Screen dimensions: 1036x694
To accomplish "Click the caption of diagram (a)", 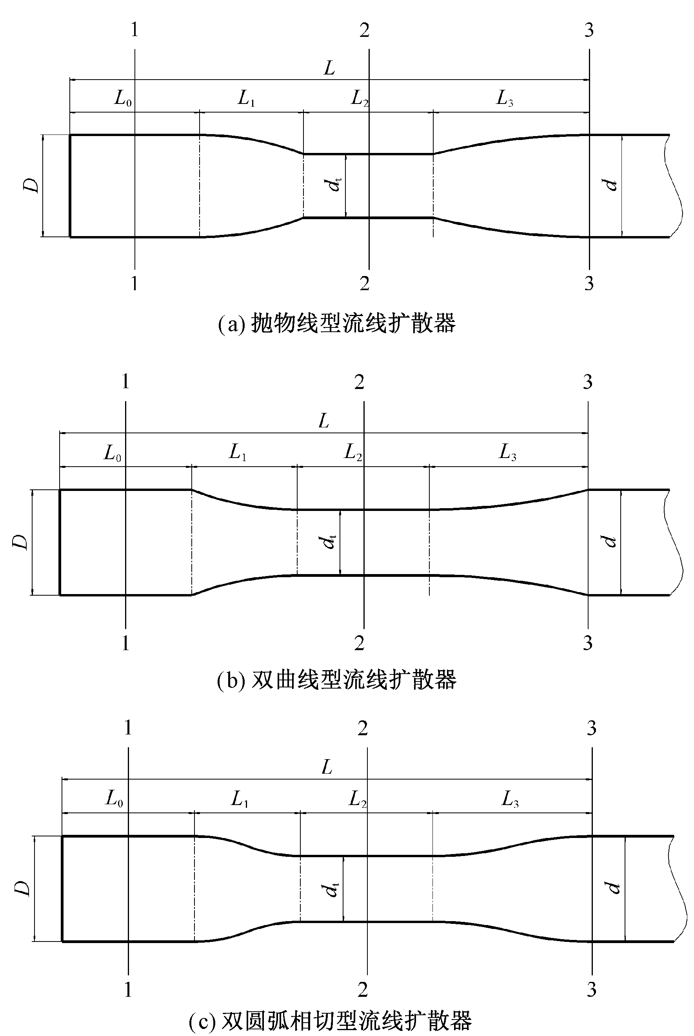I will click(x=337, y=324).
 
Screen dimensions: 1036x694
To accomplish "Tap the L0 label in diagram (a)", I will click(x=123, y=98).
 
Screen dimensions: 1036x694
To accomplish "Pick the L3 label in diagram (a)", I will click(x=504, y=98).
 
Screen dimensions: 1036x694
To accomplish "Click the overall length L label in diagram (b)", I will click(x=324, y=421).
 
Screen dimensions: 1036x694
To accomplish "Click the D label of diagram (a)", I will click(x=31, y=185).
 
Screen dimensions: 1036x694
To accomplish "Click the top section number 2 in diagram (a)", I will click(x=364, y=30).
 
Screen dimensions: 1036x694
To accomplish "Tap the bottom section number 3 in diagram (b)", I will click(x=587, y=643).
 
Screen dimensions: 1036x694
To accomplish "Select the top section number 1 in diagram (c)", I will click(x=128, y=728).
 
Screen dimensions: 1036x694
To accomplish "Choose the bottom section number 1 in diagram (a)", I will click(x=134, y=283).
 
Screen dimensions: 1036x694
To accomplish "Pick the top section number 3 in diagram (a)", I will click(x=589, y=30).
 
